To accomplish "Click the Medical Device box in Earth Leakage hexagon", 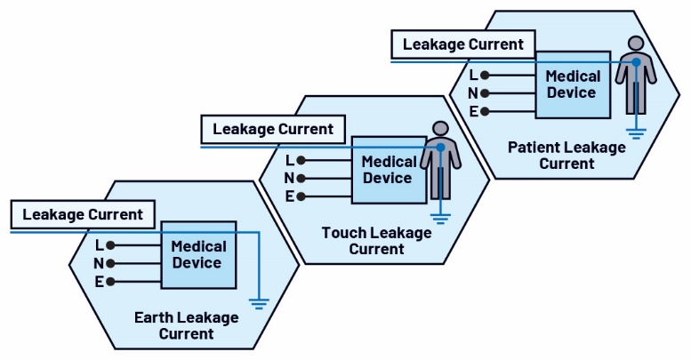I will point(198,254).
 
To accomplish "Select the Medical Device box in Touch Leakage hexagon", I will point(389,169).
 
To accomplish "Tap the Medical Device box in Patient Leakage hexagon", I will point(572,84).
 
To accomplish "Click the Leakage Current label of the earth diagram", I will point(83,214).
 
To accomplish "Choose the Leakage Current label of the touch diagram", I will point(273,129).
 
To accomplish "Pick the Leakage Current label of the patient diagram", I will point(463,43).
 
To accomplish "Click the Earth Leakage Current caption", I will point(187,325).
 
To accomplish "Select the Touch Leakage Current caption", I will point(377,240).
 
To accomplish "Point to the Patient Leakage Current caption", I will point(566,155).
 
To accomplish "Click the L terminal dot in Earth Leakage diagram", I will point(111,244).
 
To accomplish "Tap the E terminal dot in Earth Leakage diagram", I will point(111,282).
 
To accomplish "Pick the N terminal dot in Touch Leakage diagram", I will point(302,178).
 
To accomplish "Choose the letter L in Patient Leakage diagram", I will point(473,75).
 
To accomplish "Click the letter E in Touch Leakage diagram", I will point(290,196).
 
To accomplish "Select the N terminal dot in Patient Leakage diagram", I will point(486,92).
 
